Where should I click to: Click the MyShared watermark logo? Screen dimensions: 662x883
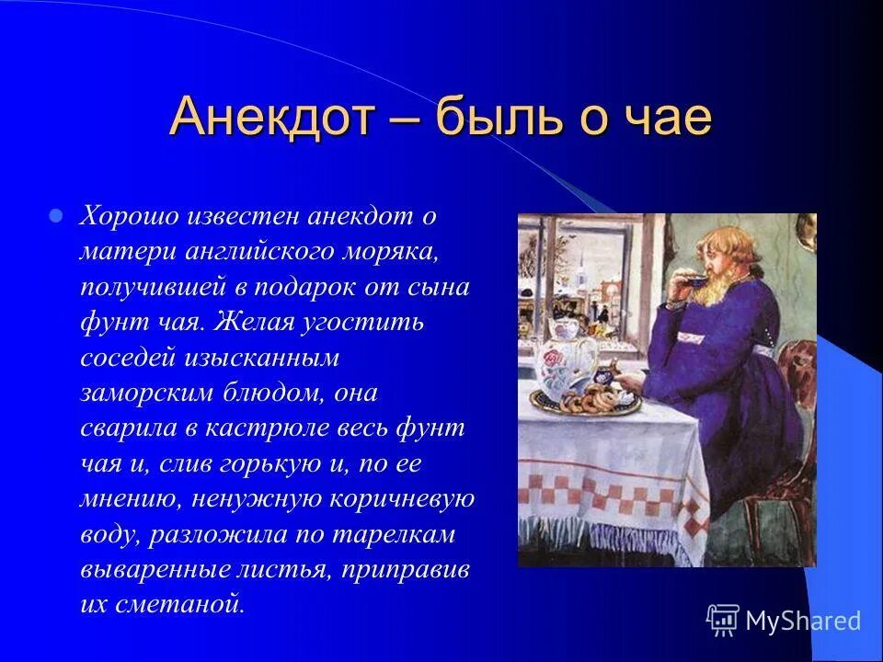point(784,621)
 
